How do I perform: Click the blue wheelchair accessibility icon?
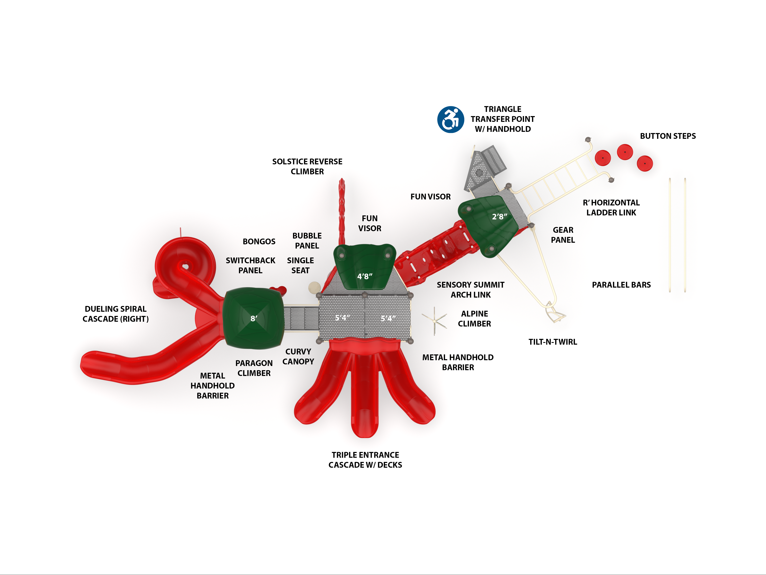pyautogui.click(x=451, y=119)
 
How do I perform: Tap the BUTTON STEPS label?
pyautogui.click(x=668, y=136)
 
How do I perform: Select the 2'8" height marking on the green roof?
pyautogui.click(x=499, y=217)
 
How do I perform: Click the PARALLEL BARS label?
pyautogui.click(x=621, y=285)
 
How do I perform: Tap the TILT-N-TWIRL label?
pyautogui.click(x=553, y=342)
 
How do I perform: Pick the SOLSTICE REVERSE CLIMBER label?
pyautogui.click(x=307, y=167)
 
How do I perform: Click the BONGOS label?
pyautogui.click(x=259, y=242)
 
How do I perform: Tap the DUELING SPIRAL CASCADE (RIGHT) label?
pyautogui.click(x=116, y=314)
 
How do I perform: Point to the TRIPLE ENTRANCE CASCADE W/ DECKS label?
pyautogui.click(x=365, y=460)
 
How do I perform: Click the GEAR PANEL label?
pyautogui.click(x=563, y=235)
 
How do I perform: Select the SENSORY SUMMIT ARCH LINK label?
pyautogui.click(x=471, y=290)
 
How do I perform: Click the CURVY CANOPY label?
pyautogui.click(x=298, y=357)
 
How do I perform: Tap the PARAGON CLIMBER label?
pyautogui.click(x=254, y=368)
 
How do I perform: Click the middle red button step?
pyautogui.click(x=625, y=152)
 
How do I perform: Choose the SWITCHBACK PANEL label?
pyautogui.click(x=250, y=265)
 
